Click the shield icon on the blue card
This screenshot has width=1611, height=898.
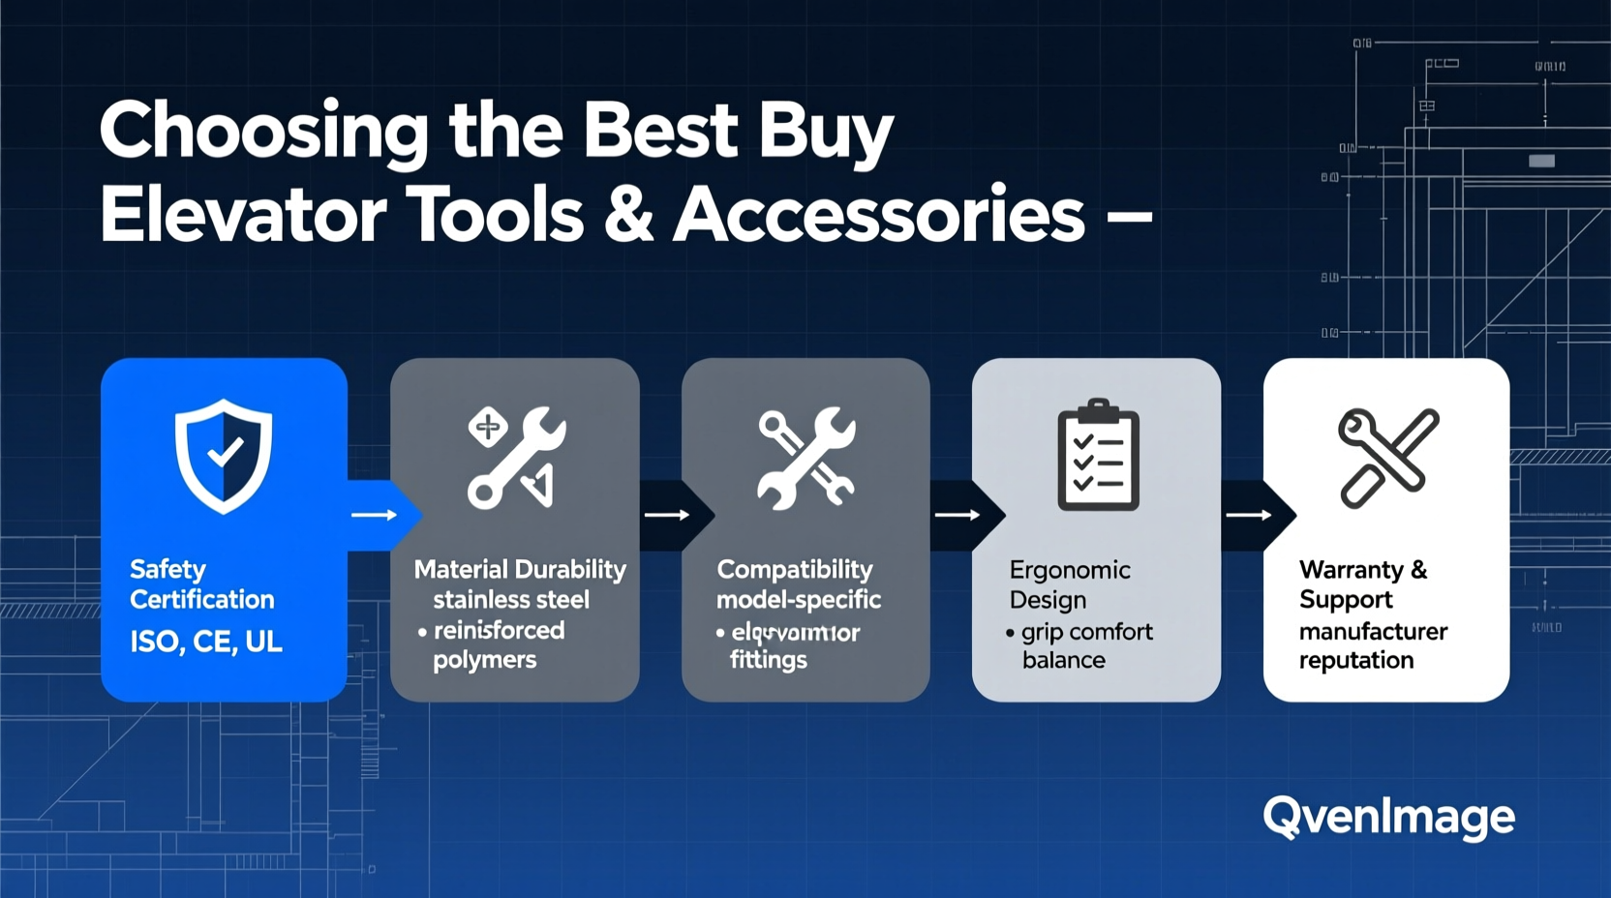click(224, 455)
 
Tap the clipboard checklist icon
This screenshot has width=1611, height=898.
click(1098, 455)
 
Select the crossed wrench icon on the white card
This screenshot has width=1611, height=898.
click(1388, 457)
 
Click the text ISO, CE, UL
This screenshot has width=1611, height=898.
click(206, 642)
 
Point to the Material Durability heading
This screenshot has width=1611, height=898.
click(520, 569)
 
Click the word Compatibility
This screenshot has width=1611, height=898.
click(794, 569)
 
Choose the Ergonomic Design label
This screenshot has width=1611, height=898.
click(1069, 584)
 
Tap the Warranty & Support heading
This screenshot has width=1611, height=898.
click(1362, 584)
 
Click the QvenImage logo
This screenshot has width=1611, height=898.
click(1388, 818)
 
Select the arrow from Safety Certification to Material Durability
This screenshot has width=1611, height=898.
click(375, 515)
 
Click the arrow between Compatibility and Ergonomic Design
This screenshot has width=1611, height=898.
click(957, 515)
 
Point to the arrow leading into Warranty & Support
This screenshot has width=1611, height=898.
click(1249, 515)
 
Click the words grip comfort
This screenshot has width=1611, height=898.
click(1086, 632)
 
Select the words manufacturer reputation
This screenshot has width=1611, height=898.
click(1372, 645)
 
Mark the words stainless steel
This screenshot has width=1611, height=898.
click(511, 600)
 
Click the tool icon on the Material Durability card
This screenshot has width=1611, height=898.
click(515, 457)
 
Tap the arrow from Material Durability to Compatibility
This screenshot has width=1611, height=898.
click(667, 515)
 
